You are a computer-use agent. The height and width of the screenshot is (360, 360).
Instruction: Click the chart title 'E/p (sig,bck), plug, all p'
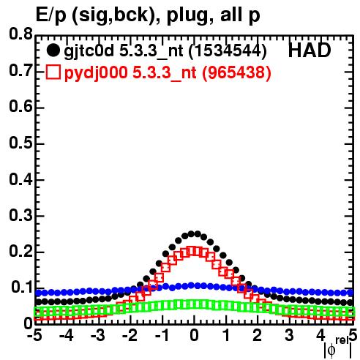148,15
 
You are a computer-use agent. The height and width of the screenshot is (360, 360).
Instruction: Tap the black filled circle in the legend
53,50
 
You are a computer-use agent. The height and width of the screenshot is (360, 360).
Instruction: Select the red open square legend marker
53,72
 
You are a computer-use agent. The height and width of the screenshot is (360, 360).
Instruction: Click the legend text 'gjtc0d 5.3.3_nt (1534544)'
165,51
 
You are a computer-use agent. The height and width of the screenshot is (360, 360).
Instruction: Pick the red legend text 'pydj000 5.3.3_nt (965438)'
168,73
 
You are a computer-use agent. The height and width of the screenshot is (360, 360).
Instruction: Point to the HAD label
310,50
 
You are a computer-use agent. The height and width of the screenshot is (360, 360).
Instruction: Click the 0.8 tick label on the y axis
20,34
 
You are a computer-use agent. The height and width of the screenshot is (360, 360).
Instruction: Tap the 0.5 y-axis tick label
20,143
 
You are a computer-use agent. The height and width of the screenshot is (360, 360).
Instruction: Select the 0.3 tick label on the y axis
20,215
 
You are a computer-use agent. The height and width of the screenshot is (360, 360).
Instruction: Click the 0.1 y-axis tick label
22,288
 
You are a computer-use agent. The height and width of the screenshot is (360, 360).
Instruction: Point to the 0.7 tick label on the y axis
20,70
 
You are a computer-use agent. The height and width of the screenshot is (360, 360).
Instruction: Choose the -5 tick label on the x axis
35,336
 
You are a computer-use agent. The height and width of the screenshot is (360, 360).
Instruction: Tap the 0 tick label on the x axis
194,336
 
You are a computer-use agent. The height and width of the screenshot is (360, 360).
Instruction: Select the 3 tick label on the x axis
289,336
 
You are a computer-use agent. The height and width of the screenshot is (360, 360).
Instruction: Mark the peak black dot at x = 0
194,233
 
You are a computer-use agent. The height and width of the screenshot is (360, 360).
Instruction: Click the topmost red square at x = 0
194,251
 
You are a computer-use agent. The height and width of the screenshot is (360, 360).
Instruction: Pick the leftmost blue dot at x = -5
38,293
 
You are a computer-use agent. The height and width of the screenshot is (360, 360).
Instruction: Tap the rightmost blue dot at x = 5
350,293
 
